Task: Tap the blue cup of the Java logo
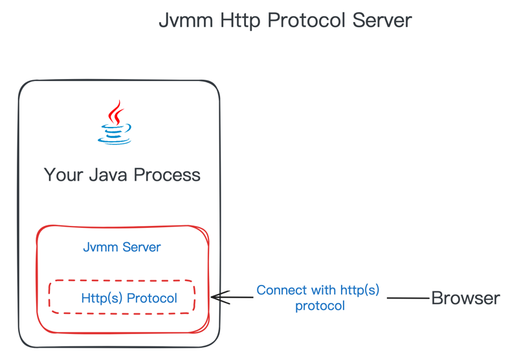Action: click(x=115, y=134)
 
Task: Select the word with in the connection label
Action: click(x=323, y=290)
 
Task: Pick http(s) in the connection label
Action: click(x=358, y=290)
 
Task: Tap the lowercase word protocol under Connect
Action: click(x=320, y=306)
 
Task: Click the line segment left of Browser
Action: click(x=408, y=298)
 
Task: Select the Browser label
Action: click(x=465, y=298)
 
